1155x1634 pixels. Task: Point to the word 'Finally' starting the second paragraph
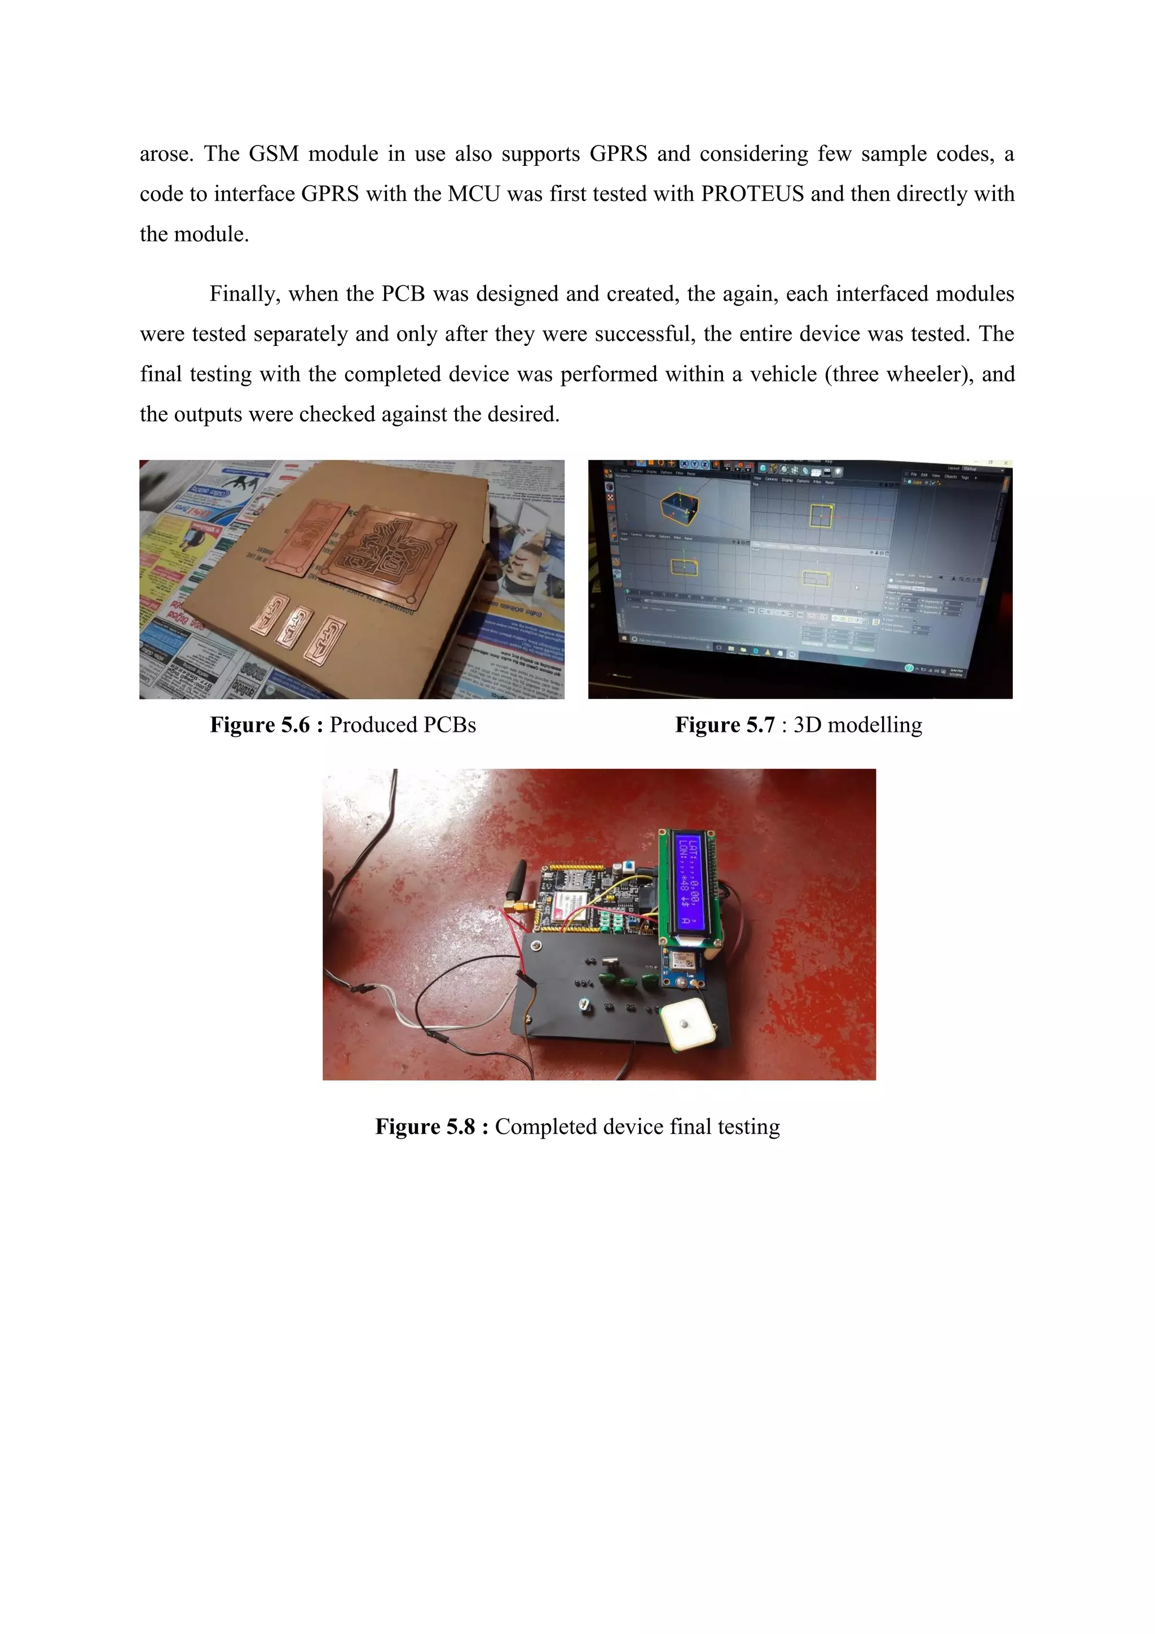[x=245, y=294]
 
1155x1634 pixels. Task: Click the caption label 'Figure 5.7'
[x=724, y=725]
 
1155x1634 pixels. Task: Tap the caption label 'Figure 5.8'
[x=425, y=1127]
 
